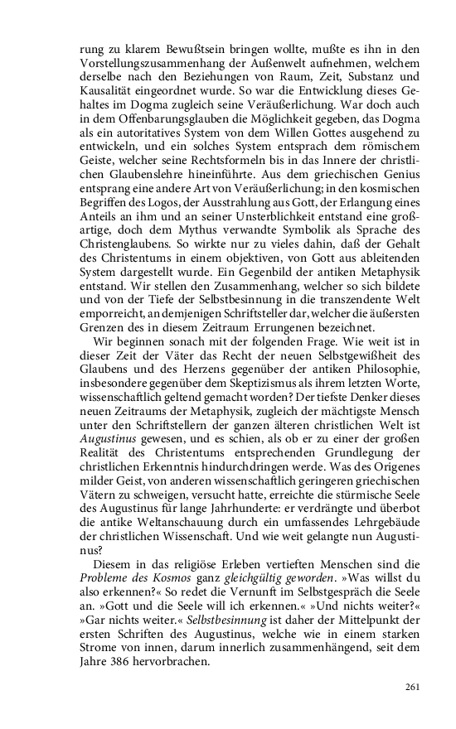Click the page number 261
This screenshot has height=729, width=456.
coord(414,687)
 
